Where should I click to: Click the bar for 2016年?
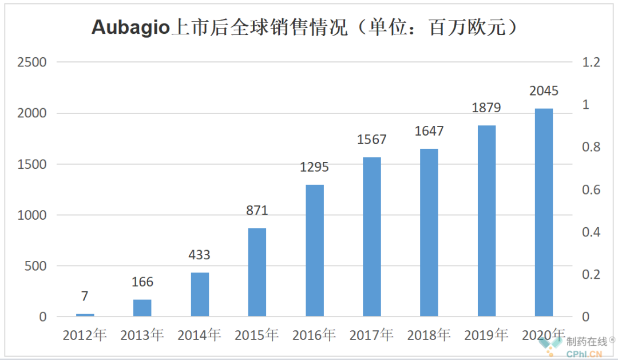tap(314, 250)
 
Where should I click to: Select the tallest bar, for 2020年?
tap(544, 212)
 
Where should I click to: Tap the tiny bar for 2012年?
tap(85, 314)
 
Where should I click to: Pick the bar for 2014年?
tap(200, 294)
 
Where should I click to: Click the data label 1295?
tap(314, 168)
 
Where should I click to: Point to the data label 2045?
tap(544, 91)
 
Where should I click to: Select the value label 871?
tap(257, 211)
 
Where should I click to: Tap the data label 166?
tap(142, 282)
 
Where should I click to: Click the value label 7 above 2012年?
tap(85, 296)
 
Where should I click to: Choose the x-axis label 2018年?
tap(429, 335)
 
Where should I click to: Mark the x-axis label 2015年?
tap(256, 335)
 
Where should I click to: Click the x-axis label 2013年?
tap(142, 335)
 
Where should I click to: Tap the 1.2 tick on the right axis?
tap(591, 62)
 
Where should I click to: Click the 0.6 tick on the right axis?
tap(591, 190)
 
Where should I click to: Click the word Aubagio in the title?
tap(131, 27)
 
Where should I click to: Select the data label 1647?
tap(429, 132)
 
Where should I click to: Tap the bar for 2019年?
tap(486, 220)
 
